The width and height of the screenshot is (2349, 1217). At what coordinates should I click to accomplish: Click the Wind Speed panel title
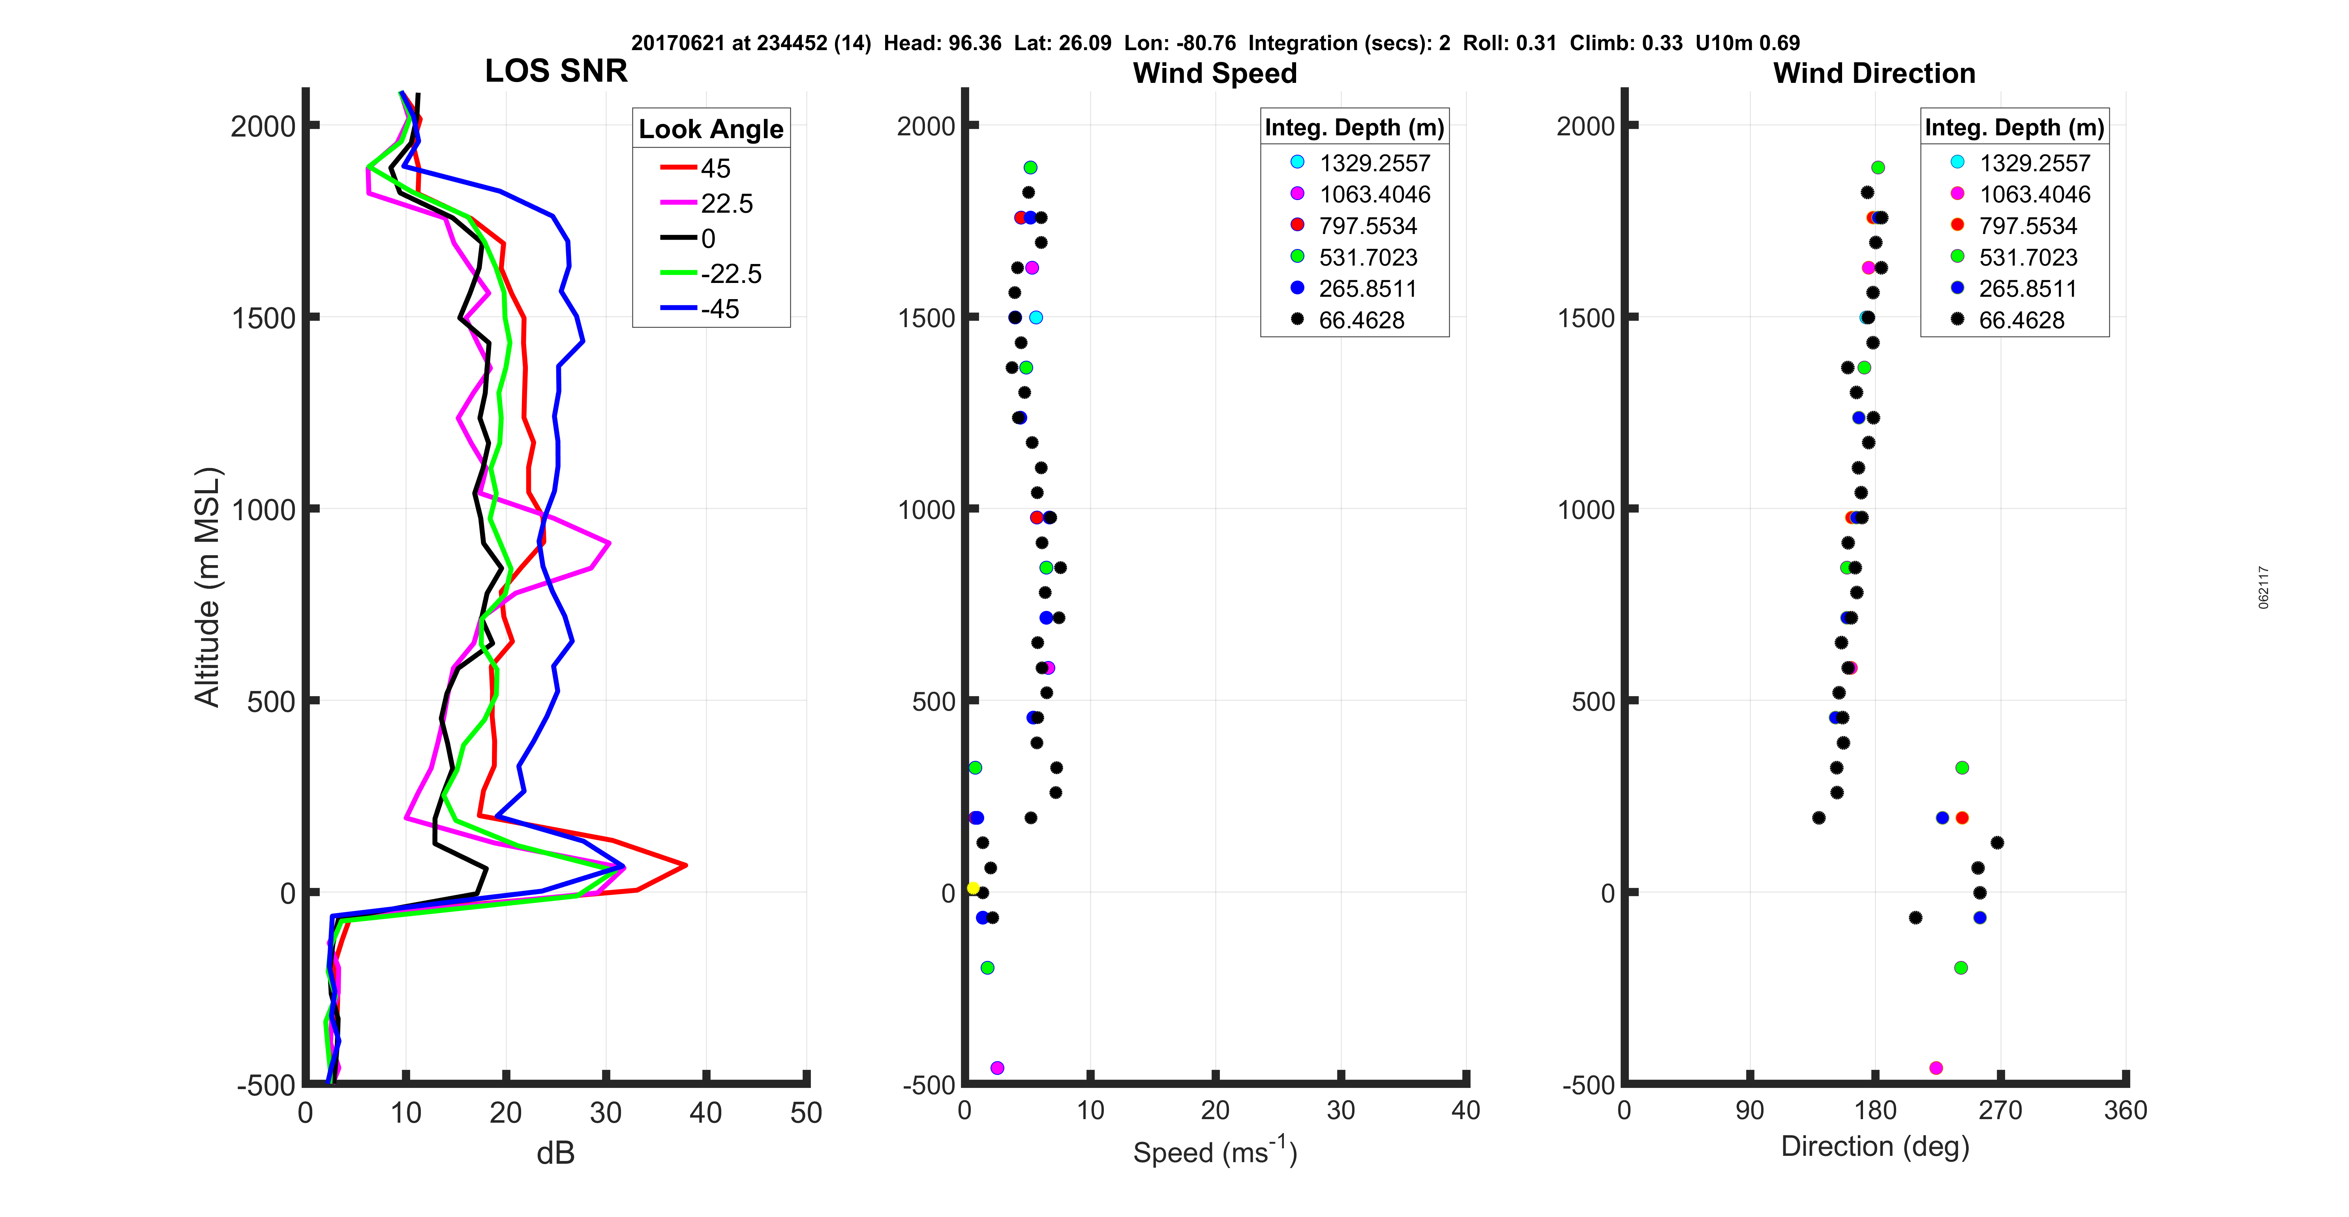[1215, 73]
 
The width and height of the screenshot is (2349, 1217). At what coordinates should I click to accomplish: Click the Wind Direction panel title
[1874, 73]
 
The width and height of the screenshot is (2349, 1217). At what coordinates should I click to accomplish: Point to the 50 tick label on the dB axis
[806, 1113]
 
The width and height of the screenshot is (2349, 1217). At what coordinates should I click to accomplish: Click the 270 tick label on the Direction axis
[2000, 1110]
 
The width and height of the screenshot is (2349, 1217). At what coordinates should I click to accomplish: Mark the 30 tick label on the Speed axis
[1340, 1110]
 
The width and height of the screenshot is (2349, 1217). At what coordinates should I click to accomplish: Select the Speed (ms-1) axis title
[1215, 1151]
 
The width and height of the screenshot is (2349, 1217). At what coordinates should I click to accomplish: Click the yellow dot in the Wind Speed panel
[973, 888]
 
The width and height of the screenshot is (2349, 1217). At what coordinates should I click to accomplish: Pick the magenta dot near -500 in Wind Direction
[1936, 1067]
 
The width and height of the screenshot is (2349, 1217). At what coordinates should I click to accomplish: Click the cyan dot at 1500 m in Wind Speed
[1036, 317]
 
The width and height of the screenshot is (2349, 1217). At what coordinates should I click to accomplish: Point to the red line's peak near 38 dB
[685, 865]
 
